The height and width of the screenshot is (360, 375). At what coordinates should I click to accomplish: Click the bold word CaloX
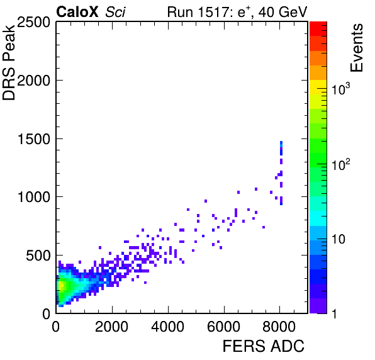tap(77, 12)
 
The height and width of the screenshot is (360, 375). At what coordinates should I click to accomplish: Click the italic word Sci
tap(115, 12)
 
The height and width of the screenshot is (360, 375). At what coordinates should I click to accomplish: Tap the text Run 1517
tap(198, 12)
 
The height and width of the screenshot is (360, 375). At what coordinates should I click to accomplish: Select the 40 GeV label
tap(283, 12)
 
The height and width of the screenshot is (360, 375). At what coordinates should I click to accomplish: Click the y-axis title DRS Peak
tap(9, 62)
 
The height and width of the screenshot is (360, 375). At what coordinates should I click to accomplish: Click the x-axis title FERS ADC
tap(264, 346)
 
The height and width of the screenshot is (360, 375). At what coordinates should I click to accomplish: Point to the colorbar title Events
tap(356, 48)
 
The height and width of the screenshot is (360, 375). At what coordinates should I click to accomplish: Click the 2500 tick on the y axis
tap(33, 22)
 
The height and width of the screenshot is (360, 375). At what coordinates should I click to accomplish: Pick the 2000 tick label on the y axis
tap(33, 81)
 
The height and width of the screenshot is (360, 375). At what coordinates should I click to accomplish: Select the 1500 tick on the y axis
tap(34, 139)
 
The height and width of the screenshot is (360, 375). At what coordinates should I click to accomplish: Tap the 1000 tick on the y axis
tap(34, 198)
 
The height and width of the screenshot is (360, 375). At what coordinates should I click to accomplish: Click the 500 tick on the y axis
tap(38, 256)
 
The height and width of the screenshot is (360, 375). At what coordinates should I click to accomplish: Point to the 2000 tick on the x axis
tap(112, 327)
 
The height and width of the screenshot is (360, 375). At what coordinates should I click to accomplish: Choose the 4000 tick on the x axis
tap(167, 327)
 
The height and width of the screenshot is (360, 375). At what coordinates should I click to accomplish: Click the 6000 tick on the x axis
tap(223, 327)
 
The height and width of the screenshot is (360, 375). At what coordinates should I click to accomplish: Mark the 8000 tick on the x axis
tap(279, 327)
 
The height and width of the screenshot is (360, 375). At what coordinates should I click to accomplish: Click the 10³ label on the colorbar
tap(341, 89)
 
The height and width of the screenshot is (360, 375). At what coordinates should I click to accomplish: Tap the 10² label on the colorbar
tap(341, 164)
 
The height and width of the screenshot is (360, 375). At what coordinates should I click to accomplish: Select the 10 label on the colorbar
tap(339, 239)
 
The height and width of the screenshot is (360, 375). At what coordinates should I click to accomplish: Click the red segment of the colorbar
tap(318, 29)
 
